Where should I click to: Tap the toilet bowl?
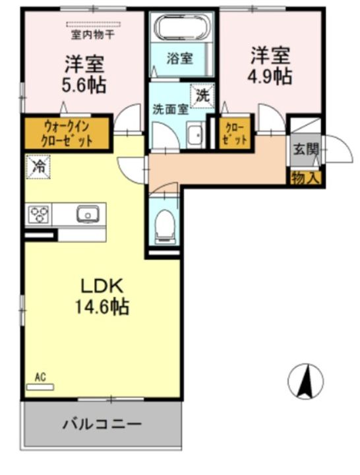[165, 225]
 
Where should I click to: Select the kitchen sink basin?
[88, 214]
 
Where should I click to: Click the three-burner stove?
[38, 214]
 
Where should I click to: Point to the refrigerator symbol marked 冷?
[38, 167]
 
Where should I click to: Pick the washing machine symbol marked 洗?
[202, 96]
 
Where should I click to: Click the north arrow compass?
[305, 381]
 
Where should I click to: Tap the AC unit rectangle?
[40, 387]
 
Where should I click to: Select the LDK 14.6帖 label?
[102, 297]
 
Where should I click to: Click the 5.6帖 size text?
[84, 85]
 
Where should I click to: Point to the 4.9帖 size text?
[270, 77]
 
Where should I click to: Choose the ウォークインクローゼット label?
[67, 133]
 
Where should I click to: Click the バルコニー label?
[102, 424]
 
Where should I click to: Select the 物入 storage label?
[305, 178]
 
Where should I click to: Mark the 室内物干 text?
[93, 35]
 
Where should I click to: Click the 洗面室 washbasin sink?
[195, 135]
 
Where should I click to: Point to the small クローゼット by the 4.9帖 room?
[235, 133]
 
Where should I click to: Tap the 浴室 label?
[180, 58]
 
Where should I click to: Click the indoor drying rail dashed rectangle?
[93, 24]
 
